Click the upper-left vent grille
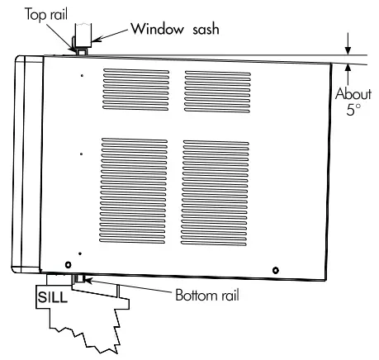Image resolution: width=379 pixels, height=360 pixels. coord(136,91)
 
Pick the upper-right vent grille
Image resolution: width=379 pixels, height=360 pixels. coord(216,91)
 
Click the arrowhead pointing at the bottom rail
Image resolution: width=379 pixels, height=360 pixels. coord(86,282)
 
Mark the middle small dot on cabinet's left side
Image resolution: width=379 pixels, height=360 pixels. coord(81,154)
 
